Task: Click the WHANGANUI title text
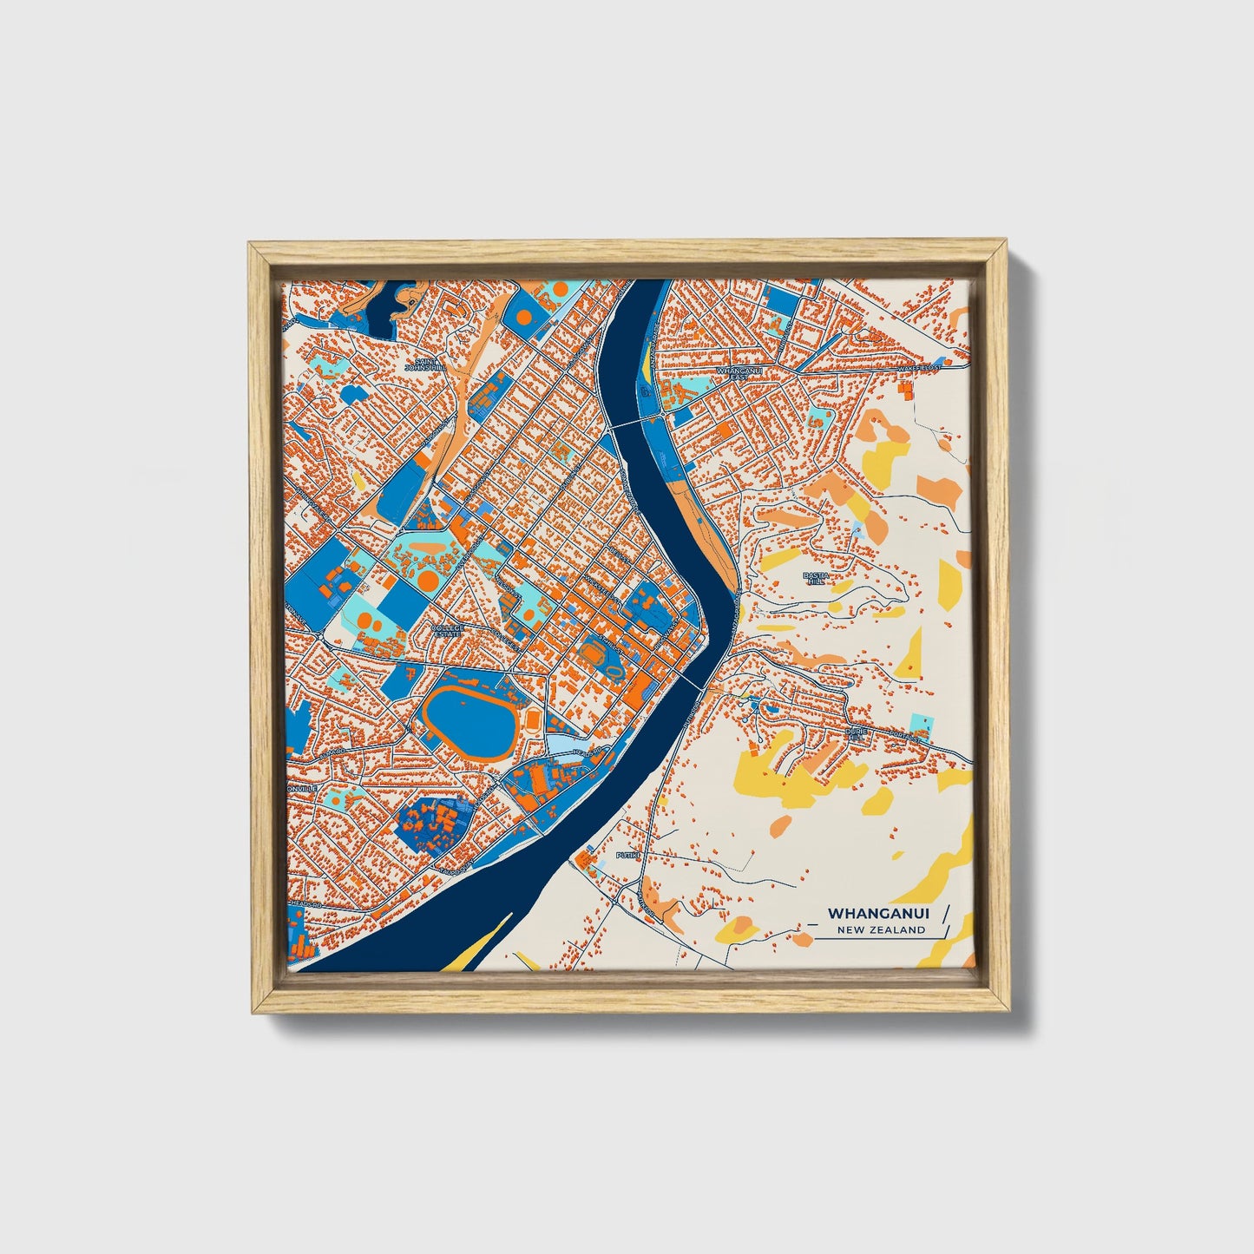(x=879, y=913)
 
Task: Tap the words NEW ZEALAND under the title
(x=881, y=930)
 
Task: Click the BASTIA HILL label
(x=816, y=578)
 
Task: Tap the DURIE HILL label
(x=855, y=734)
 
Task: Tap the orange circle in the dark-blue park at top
(x=522, y=318)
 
